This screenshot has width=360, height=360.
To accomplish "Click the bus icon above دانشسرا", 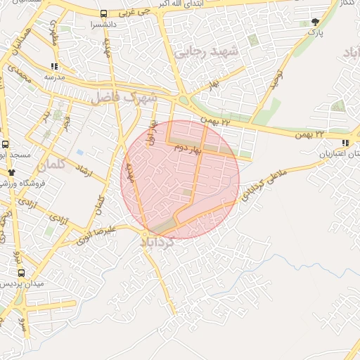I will point(104,13).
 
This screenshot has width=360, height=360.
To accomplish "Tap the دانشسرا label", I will point(104,24).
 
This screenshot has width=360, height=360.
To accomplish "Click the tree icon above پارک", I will point(314,22).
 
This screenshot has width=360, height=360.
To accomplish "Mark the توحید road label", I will point(276,82).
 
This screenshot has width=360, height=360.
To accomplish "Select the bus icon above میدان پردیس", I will point(20,272).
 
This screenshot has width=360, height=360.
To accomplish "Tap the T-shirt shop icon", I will point(11,172).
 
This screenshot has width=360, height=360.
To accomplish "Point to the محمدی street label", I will point(23,83).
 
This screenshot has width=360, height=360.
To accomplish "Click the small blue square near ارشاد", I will point(80,153).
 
